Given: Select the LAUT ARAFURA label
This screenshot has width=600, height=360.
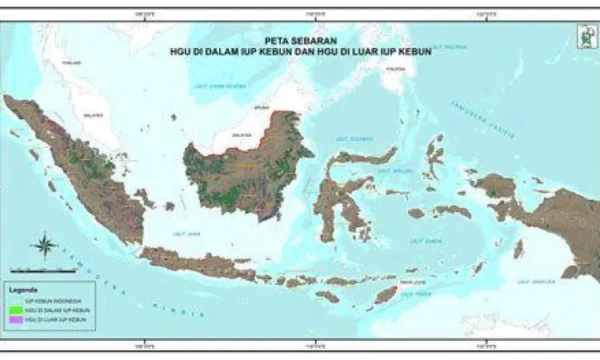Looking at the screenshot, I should coord(532,282).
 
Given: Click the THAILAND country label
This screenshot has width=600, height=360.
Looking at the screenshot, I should coord(72,62).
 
